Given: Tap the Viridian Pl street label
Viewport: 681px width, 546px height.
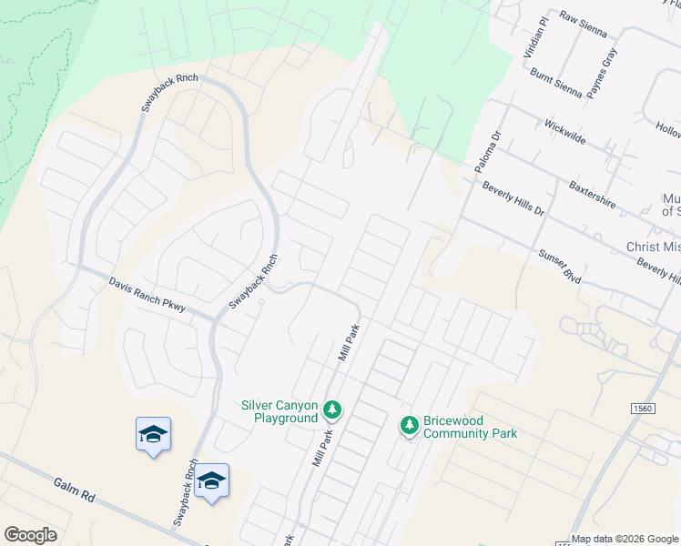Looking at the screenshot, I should coord(534,36).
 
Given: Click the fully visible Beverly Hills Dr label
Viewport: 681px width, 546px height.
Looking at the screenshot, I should coord(513,197).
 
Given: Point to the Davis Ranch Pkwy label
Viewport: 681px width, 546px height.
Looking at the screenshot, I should coord(147,295).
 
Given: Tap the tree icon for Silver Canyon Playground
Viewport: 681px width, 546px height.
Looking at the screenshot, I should coord(333,411).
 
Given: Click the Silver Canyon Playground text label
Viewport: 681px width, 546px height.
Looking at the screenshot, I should coord(280,411).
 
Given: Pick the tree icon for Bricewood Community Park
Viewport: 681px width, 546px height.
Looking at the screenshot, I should coord(410,425).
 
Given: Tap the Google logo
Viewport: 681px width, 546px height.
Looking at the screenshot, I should coord(30,535).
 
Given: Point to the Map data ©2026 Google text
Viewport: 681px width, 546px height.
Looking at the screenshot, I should coord(625,539).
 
